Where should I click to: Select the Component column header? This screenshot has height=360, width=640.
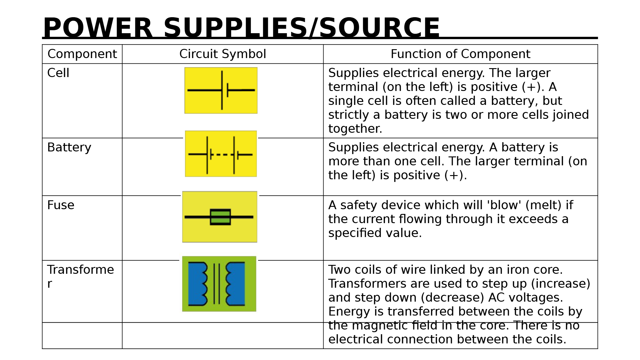tap(82, 54)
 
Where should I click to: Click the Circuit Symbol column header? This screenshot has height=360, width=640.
tap(223, 54)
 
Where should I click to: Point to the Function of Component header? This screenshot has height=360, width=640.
tap(460, 54)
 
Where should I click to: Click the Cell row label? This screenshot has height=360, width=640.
tap(58, 73)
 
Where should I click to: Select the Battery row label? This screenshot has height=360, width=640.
tap(69, 147)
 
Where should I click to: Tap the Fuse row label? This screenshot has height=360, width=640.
tap(61, 205)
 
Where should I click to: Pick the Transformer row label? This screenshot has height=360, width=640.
tap(80, 270)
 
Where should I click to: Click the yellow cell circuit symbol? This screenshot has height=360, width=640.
tap(221, 90)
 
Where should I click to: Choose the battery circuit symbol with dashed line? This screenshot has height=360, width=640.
tap(221, 154)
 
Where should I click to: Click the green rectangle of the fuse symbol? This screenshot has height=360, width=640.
tap(220, 217)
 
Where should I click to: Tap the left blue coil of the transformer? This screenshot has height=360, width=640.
tap(197, 284)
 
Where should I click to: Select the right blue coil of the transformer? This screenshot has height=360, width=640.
tap(236, 284)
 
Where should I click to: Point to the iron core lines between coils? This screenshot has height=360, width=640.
tap(217, 284)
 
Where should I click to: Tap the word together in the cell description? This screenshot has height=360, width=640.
tap(355, 129)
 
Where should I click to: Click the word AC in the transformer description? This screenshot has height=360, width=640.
tap(497, 297)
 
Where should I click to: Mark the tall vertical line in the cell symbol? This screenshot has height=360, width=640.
tap(222, 90)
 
